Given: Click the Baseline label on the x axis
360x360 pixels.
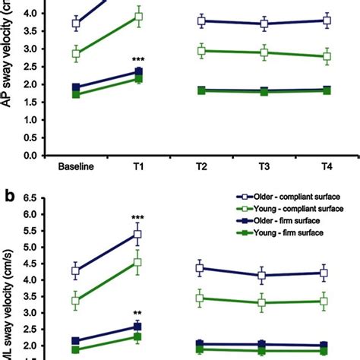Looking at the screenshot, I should point(74,168).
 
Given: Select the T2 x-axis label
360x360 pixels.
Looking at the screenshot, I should point(201,168).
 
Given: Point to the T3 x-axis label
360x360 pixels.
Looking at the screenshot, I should point(264,168).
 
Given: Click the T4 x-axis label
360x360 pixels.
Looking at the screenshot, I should point(327,168).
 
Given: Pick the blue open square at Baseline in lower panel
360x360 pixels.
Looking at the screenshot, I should point(74,270).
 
